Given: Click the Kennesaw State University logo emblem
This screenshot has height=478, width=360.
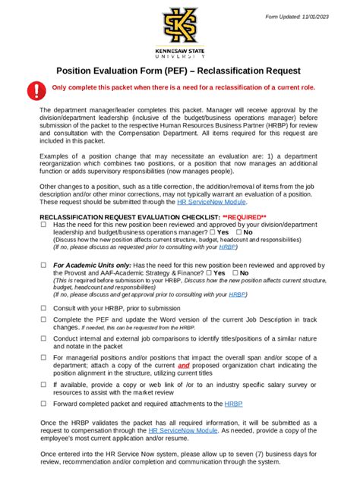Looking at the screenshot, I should [180, 30].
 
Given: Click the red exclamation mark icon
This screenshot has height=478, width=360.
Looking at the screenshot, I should [36, 92].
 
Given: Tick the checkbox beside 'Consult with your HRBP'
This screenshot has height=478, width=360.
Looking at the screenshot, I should [43, 309].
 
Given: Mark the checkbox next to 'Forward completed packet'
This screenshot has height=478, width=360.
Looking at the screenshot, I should [43, 403].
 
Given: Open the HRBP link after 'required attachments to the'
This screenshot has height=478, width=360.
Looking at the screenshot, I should [233, 404].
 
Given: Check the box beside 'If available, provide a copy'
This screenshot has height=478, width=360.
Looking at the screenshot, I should [43, 384].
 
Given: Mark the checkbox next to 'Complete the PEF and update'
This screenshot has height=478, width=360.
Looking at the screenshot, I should [43, 320].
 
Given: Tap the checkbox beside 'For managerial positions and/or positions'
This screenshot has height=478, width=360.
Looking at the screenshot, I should [43, 357].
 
